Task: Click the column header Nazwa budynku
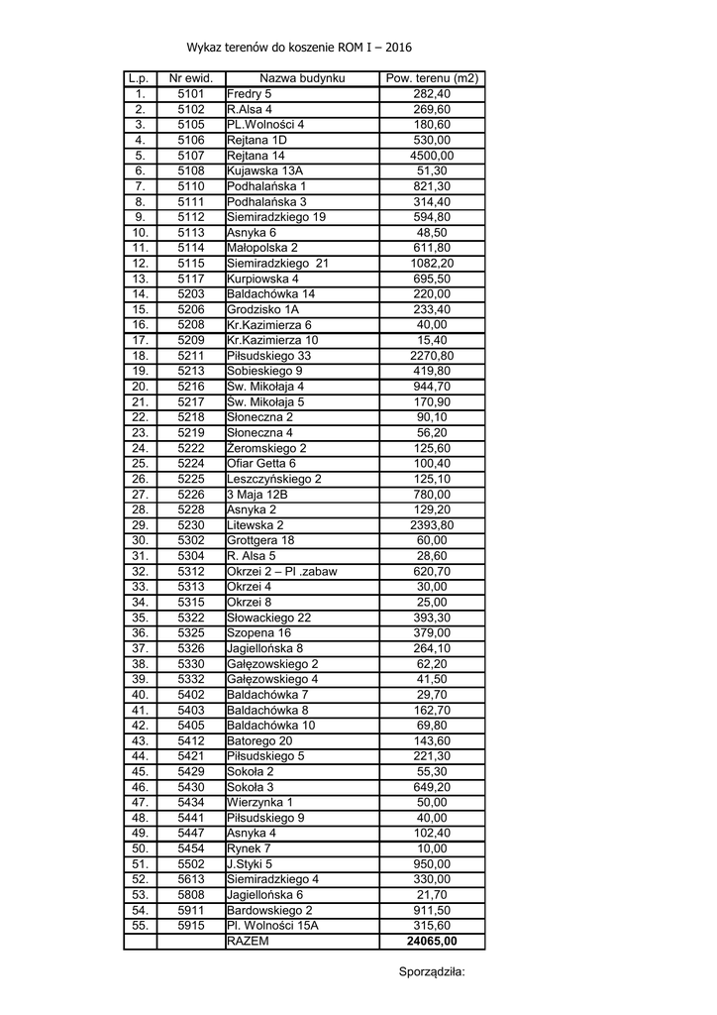[301, 78]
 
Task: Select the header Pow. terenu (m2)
[432, 78]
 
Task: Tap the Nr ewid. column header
[191, 78]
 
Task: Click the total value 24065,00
[432, 942]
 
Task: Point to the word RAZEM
[248, 942]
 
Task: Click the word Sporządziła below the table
[431, 971]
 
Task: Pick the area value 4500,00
[432, 156]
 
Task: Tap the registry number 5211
[191, 355]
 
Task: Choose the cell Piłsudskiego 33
[268, 355]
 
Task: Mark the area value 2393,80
[432, 524]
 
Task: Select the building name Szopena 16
[258, 632]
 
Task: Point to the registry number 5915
[191, 925]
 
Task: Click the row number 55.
[140, 925]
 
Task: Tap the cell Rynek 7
[249, 848]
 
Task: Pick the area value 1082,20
[432, 263]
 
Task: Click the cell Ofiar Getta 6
[261, 463]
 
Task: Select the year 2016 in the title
[398, 47]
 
